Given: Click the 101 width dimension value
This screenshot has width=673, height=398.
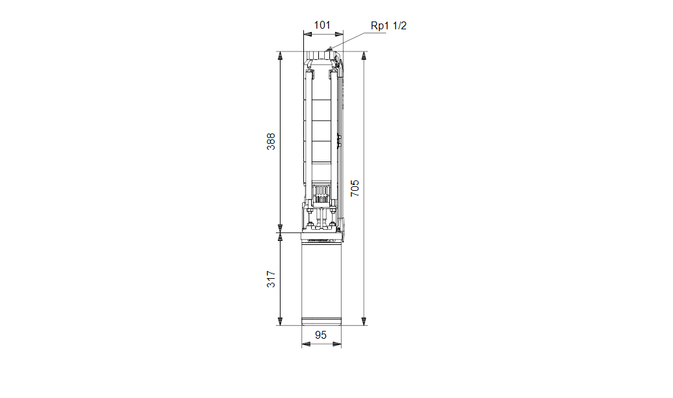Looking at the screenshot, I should [322, 25].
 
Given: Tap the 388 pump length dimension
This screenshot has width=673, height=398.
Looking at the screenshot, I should [271, 142].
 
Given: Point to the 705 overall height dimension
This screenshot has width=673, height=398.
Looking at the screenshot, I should [355, 188].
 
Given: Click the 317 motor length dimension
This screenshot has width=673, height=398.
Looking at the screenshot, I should [271, 279].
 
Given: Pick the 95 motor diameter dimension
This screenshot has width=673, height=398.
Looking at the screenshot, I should [321, 335].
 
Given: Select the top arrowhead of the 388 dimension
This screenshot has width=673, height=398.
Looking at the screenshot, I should [280, 55].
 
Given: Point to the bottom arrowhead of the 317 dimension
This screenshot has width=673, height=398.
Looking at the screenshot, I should [280, 321].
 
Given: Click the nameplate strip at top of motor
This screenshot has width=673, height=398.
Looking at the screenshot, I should [322, 240].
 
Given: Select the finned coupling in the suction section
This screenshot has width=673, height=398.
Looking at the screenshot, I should [321, 193].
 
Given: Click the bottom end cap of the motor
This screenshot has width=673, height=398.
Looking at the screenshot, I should [322, 322].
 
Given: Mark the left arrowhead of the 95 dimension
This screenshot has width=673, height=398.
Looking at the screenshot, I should [305, 345].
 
